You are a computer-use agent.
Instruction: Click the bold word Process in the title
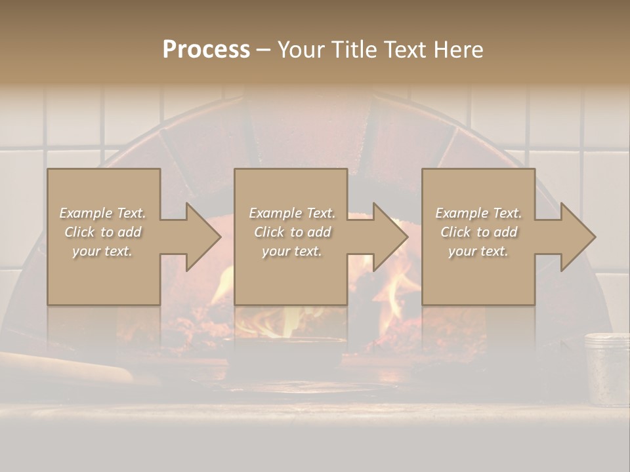[x=206, y=50]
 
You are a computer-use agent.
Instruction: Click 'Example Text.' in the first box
[x=102, y=213]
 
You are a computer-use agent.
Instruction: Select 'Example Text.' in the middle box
[x=292, y=213]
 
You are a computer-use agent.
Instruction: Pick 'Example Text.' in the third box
[x=478, y=213]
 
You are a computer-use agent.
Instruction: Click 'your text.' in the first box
[x=102, y=251]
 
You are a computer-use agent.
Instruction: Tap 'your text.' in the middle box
[x=292, y=251]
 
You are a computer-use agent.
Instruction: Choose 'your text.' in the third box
[x=478, y=251]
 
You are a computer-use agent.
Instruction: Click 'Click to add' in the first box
[x=102, y=232]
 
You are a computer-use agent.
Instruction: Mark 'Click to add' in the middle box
[x=292, y=232]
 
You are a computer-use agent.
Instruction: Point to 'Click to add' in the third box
[x=478, y=232]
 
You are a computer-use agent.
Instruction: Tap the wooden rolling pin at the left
[x=66, y=368]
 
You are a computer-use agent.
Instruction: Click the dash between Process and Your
[x=264, y=50]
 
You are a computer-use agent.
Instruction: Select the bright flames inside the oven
[x=394, y=295]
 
